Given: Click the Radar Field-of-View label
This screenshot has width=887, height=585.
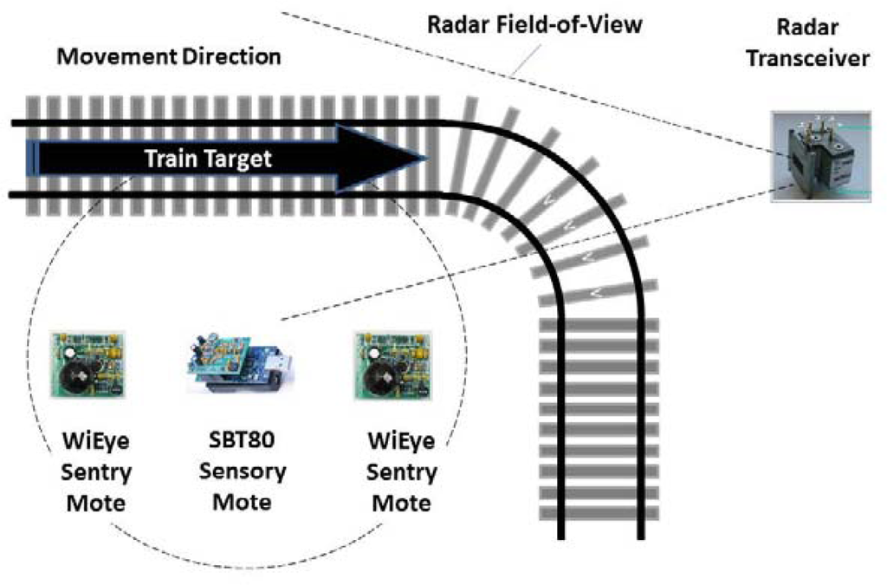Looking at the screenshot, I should [535, 25].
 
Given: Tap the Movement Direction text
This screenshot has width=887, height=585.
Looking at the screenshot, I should [169, 57].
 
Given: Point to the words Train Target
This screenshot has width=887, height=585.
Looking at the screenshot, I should [208, 159].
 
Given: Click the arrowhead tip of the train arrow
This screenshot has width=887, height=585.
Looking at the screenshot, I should [424, 159].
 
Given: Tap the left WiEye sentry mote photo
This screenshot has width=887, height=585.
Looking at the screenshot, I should [87, 364].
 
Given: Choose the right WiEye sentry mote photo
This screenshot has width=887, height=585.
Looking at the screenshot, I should [393, 364].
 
